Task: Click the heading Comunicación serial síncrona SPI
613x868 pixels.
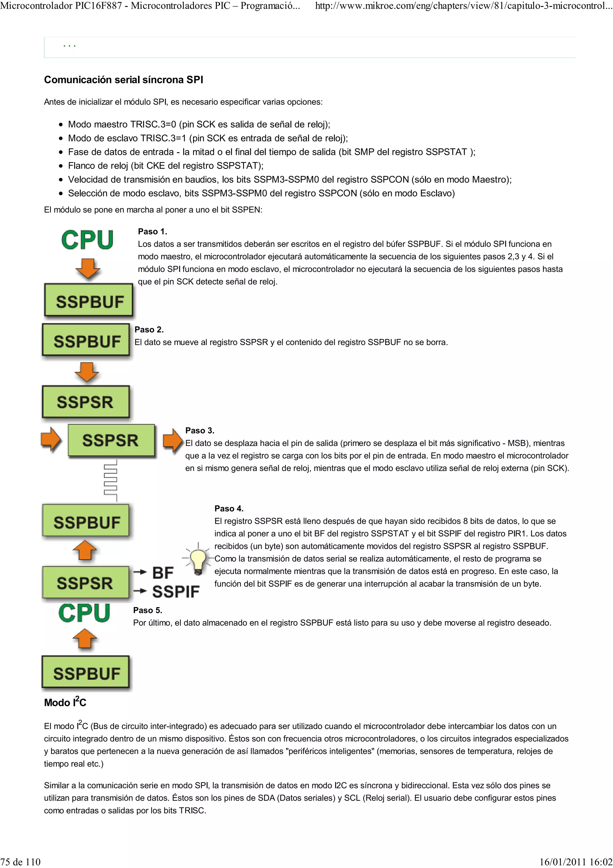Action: pos(124,80)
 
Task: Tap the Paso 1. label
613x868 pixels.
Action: pos(152,231)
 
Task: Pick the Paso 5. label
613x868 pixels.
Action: pos(148,610)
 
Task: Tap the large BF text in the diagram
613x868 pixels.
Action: pos(163,573)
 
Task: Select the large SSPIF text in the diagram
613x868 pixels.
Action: pos(176,592)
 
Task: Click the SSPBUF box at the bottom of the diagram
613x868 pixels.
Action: pos(86,674)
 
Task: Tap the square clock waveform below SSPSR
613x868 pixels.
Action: pos(111,480)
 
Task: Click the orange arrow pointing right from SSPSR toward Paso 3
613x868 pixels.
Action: pos(173,440)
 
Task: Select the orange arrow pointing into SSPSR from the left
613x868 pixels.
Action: pos(51,439)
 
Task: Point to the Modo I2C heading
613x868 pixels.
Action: pos(65,702)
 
